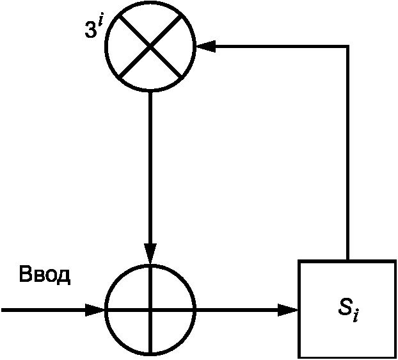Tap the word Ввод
pyautogui.click(x=44, y=275)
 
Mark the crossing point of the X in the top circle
pyautogui.click(x=150, y=46)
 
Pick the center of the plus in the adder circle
pyautogui.click(x=150, y=309)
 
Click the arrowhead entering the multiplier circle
pyautogui.click(x=205, y=46)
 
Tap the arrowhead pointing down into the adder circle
pyautogui.click(x=150, y=253)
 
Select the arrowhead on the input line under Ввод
pyautogui.click(x=95, y=309)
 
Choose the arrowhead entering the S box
pyautogui.click(x=288, y=309)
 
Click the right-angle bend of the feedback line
pyautogui.click(x=347, y=46)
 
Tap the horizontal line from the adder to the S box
pyautogui.click(x=247, y=309)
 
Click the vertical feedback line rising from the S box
pyautogui.click(x=347, y=152)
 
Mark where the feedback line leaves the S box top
pyautogui.click(x=347, y=260)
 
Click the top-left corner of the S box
pyautogui.click(x=299, y=261)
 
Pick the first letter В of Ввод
pyautogui.click(x=26, y=274)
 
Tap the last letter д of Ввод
pyautogui.click(x=64, y=277)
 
